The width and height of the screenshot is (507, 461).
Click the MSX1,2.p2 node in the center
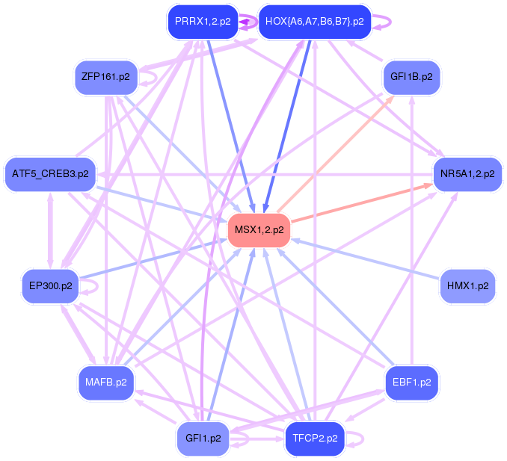pyautogui.click(x=259, y=229)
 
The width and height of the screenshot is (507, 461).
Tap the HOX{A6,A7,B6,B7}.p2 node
pyautogui.click(x=314, y=21)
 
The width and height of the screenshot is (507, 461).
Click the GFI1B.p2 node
pyautogui.click(x=411, y=77)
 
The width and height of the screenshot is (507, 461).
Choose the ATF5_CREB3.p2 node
pyautogui.click(x=50, y=174)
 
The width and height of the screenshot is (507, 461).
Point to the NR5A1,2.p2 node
pyautogui.click(x=467, y=174)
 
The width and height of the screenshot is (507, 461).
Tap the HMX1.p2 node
pyautogui.click(x=467, y=285)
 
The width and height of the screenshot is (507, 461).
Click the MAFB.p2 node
pyautogui.click(x=105, y=383)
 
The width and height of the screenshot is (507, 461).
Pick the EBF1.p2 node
pyautogui.click(x=411, y=383)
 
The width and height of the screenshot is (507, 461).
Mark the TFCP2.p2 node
pyautogui.click(x=315, y=439)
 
